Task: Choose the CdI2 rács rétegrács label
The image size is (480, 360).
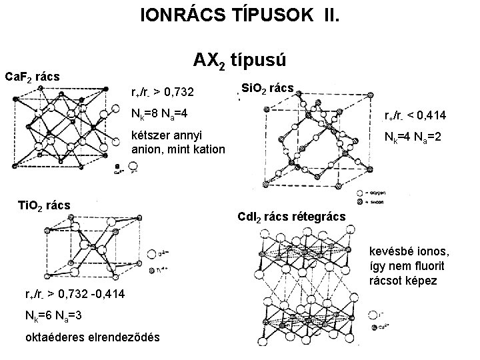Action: pyautogui.click(x=291, y=217)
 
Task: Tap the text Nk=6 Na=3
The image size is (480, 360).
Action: pyautogui.click(x=54, y=316)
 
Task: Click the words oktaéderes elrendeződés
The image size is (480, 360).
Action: pyautogui.click(x=92, y=337)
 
